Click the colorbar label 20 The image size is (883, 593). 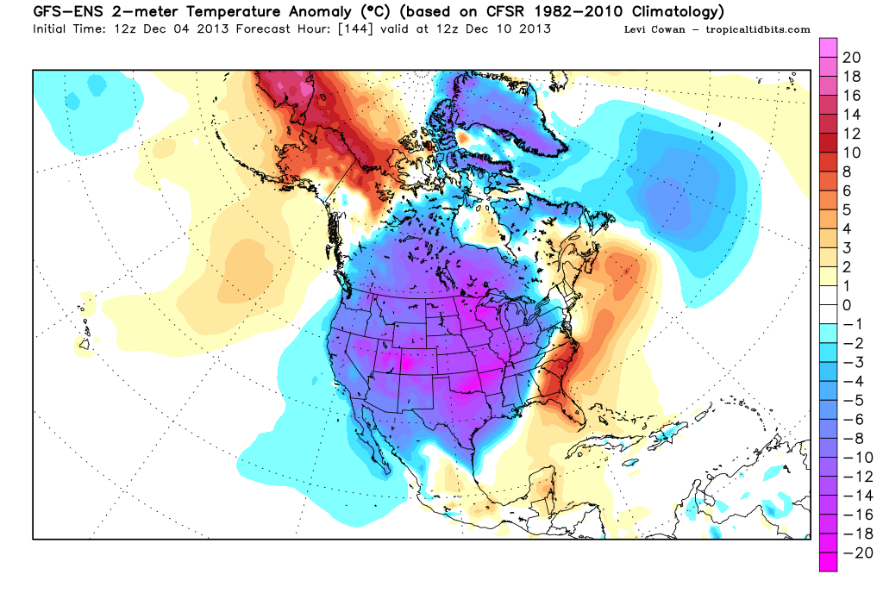tap(851, 58)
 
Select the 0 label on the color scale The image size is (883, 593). tap(847, 304)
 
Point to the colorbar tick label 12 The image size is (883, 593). tap(851, 134)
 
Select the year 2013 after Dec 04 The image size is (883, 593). tap(197, 29)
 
